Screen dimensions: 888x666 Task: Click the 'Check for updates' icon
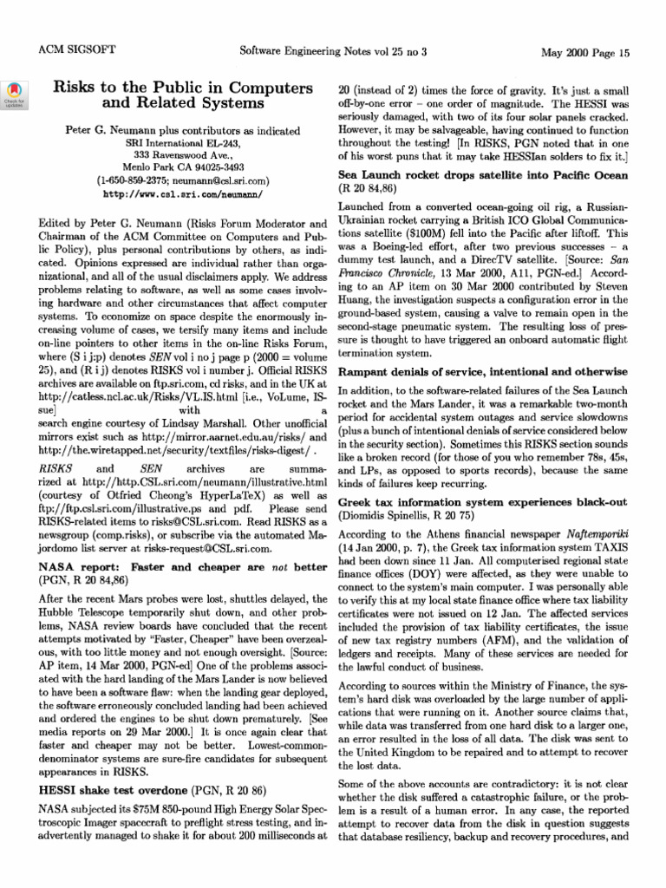click(15, 94)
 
